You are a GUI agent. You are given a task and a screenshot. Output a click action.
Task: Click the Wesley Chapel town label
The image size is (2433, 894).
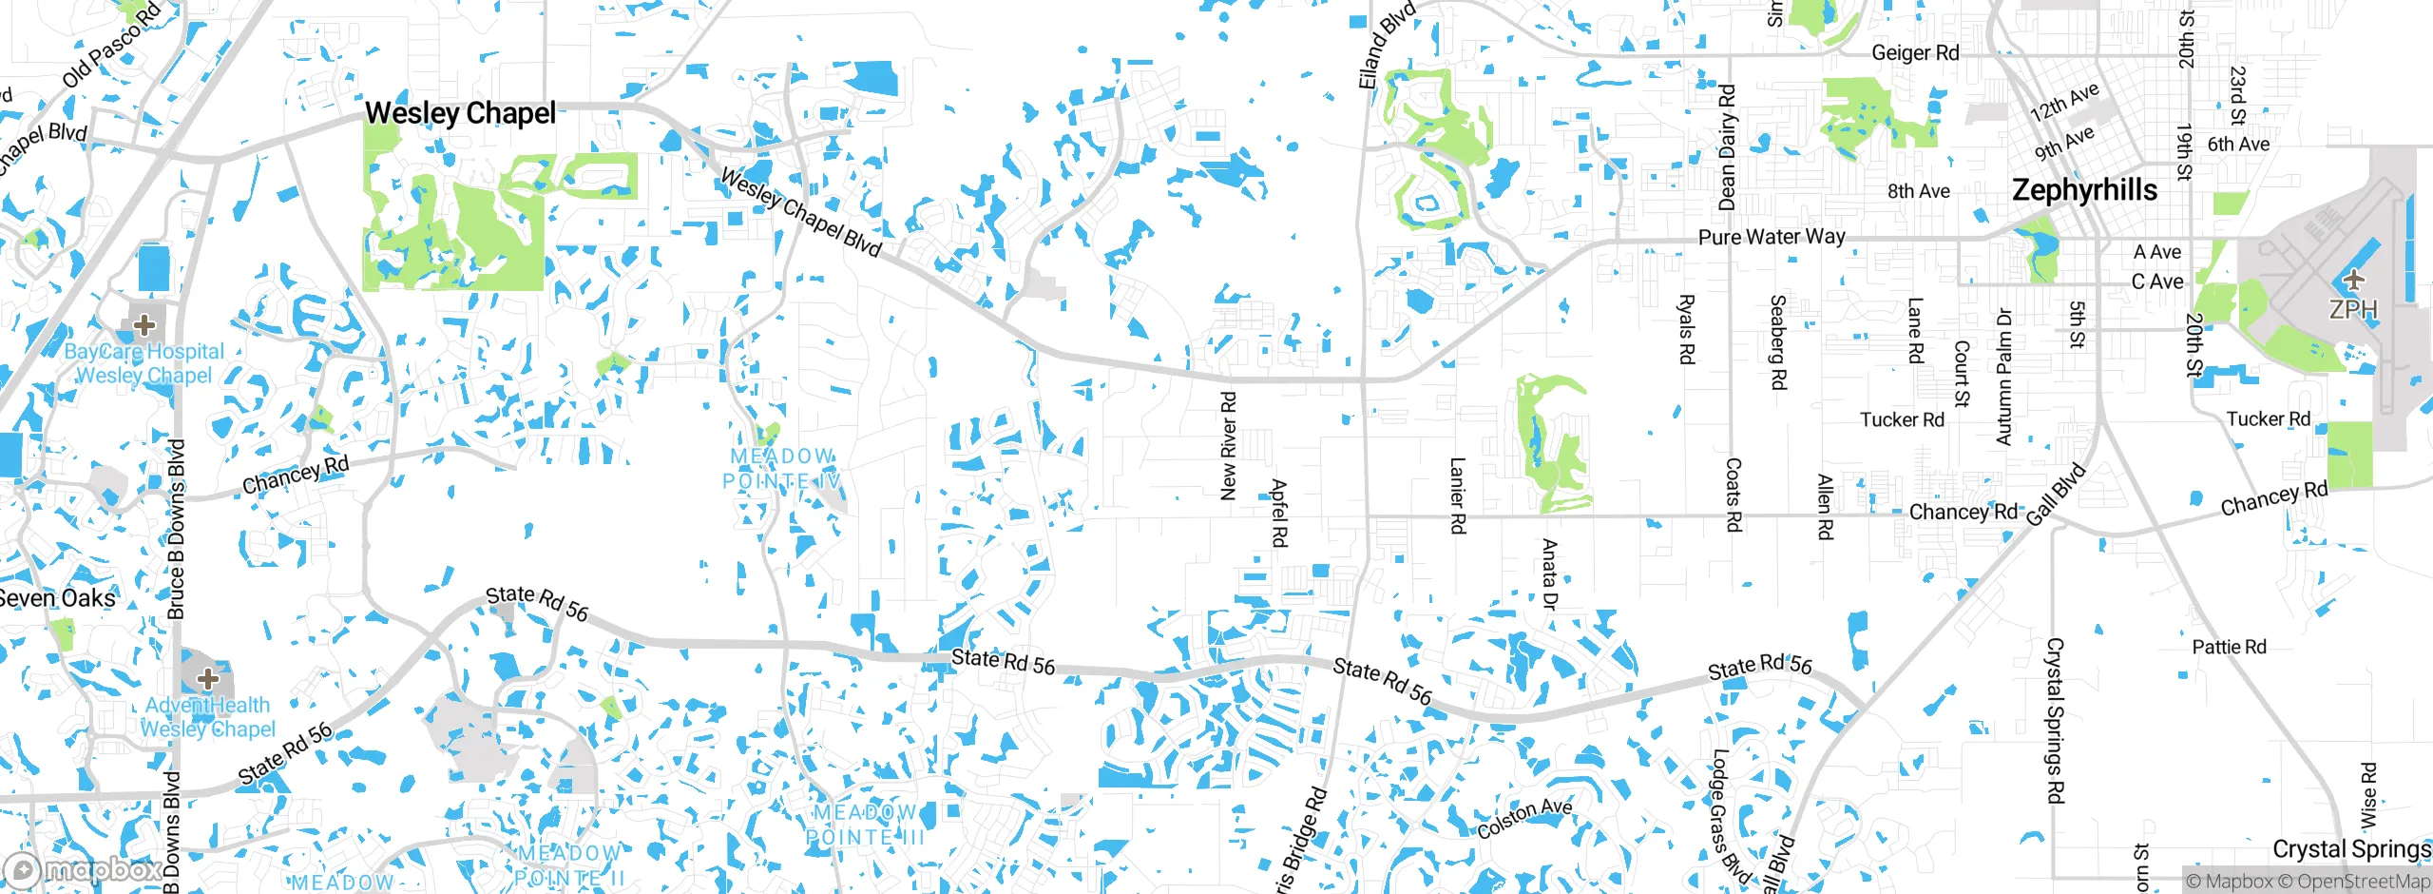point(460,113)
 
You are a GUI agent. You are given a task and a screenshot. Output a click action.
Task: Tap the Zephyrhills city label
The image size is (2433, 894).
point(2084,190)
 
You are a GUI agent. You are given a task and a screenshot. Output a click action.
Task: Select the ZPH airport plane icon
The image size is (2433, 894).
point(2353,280)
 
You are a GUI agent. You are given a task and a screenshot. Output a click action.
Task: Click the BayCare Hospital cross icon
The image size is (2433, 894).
point(144,325)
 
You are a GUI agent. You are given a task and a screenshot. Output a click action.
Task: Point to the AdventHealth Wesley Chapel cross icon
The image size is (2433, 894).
point(208,678)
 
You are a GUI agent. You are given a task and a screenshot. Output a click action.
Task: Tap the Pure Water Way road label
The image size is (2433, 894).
point(1772,236)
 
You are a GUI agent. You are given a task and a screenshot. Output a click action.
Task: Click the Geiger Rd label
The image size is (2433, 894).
point(1915,53)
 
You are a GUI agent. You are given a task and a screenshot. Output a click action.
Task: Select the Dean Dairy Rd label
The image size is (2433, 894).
point(1727,147)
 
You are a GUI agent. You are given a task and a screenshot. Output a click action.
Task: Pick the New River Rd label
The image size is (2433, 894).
point(1228,446)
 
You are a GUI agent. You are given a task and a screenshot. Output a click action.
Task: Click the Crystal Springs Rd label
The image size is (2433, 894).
point(2055,720)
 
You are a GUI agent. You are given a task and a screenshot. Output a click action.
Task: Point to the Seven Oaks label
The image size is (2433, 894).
point(57,598)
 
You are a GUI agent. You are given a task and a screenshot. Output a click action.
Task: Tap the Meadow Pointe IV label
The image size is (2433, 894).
point(781,469)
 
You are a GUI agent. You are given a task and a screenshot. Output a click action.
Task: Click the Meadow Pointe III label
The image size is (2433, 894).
point(865,825)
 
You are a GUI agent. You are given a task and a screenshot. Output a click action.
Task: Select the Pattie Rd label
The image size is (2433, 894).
point(2229,648)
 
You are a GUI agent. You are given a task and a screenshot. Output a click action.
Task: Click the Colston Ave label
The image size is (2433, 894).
point(1524,818)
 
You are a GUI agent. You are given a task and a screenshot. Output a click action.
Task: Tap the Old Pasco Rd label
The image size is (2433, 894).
point(111,46)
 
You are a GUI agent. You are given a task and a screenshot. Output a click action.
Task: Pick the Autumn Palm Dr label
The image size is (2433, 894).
point(2003,377)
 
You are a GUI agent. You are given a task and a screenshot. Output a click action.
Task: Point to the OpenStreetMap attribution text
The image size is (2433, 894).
point(2362,882)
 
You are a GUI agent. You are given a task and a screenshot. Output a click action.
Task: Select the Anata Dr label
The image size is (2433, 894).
point(1549,573)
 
